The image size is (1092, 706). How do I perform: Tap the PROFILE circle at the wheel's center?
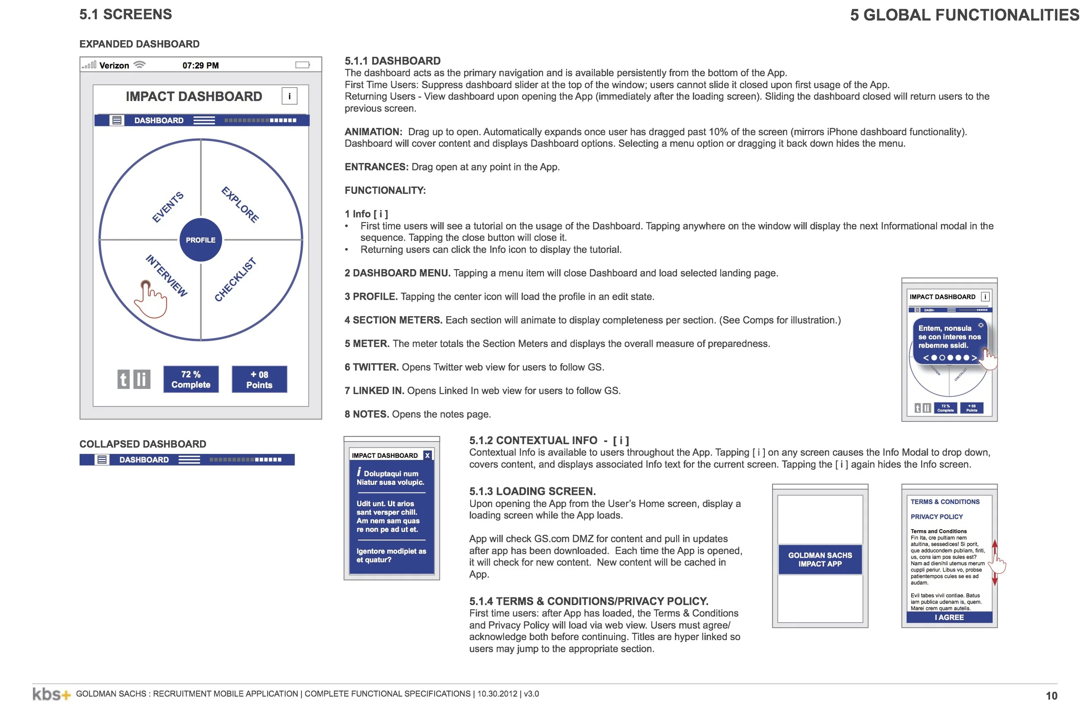(x=200, y=240)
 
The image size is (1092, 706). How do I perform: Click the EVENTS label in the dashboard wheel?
(x=168, y=207)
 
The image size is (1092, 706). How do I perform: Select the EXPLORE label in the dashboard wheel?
(x=240, y=205)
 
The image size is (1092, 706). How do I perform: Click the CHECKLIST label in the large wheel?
(x=235, y=280)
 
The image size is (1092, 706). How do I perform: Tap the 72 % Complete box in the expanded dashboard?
(x=191, y=379)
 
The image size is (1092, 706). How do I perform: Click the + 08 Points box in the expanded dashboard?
(x=259, y=379)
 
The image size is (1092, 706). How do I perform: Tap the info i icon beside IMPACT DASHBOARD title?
(x=289, y=96)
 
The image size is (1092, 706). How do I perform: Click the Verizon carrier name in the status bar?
(x=114, y=65)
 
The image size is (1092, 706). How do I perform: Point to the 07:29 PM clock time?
(x=200, y=65)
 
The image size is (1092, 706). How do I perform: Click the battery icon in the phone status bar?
(x=302, y=65)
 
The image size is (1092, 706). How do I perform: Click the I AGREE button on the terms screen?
(x=949, y=617)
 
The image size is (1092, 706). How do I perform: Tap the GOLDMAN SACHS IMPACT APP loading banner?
(x=820, y=559)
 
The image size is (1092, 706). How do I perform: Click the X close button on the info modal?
(x=427, y=455)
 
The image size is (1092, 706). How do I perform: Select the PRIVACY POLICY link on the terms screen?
(x=936, y=517)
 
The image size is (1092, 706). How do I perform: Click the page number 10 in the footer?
(x=1051, y=696)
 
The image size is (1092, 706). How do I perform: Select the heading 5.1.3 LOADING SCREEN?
(x=532, y=491)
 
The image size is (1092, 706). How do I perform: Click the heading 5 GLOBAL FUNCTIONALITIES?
(x=964, y=15)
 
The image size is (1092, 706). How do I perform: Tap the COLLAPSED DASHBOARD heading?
(x=143, y=444)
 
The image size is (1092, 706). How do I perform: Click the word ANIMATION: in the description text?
(x=373, y=132)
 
